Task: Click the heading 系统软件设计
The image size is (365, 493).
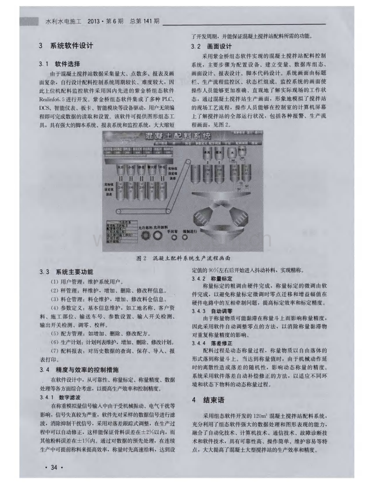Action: (x=71, y=46)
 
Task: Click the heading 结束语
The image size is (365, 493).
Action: (x=214, y=400)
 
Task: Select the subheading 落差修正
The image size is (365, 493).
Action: (x=222, y=343)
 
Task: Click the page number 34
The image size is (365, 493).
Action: (x=54, y=468)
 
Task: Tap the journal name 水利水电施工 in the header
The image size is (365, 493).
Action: (x=63, y=21)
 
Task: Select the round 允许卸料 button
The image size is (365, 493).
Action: (x=158, y=235)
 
